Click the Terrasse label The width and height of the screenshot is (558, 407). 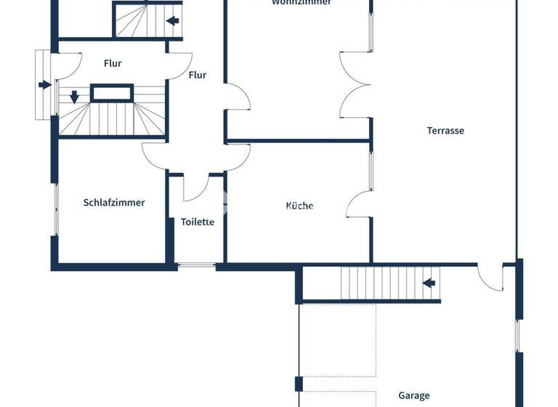[445, 131]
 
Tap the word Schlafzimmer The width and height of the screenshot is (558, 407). [114, 203]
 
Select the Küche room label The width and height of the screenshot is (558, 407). [299, 206]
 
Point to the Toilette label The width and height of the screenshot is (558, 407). [197, 222]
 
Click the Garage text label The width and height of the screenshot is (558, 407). [413, 396]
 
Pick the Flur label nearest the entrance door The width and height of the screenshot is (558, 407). [113, 63]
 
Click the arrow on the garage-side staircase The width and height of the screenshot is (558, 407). [429, 283]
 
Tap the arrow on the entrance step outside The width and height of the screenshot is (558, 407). [44, 84]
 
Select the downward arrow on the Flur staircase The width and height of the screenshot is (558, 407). [74, 96]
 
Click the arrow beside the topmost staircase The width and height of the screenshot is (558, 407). [173, 21]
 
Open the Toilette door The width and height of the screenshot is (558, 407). [195, 187]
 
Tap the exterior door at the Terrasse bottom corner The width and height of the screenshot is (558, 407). [490, 277]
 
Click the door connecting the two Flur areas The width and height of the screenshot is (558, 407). [179, 65]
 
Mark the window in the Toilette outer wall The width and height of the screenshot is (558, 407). [196, 266]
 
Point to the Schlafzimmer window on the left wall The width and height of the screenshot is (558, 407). [56, 209]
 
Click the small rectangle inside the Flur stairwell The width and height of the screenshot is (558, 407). [111, 92]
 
